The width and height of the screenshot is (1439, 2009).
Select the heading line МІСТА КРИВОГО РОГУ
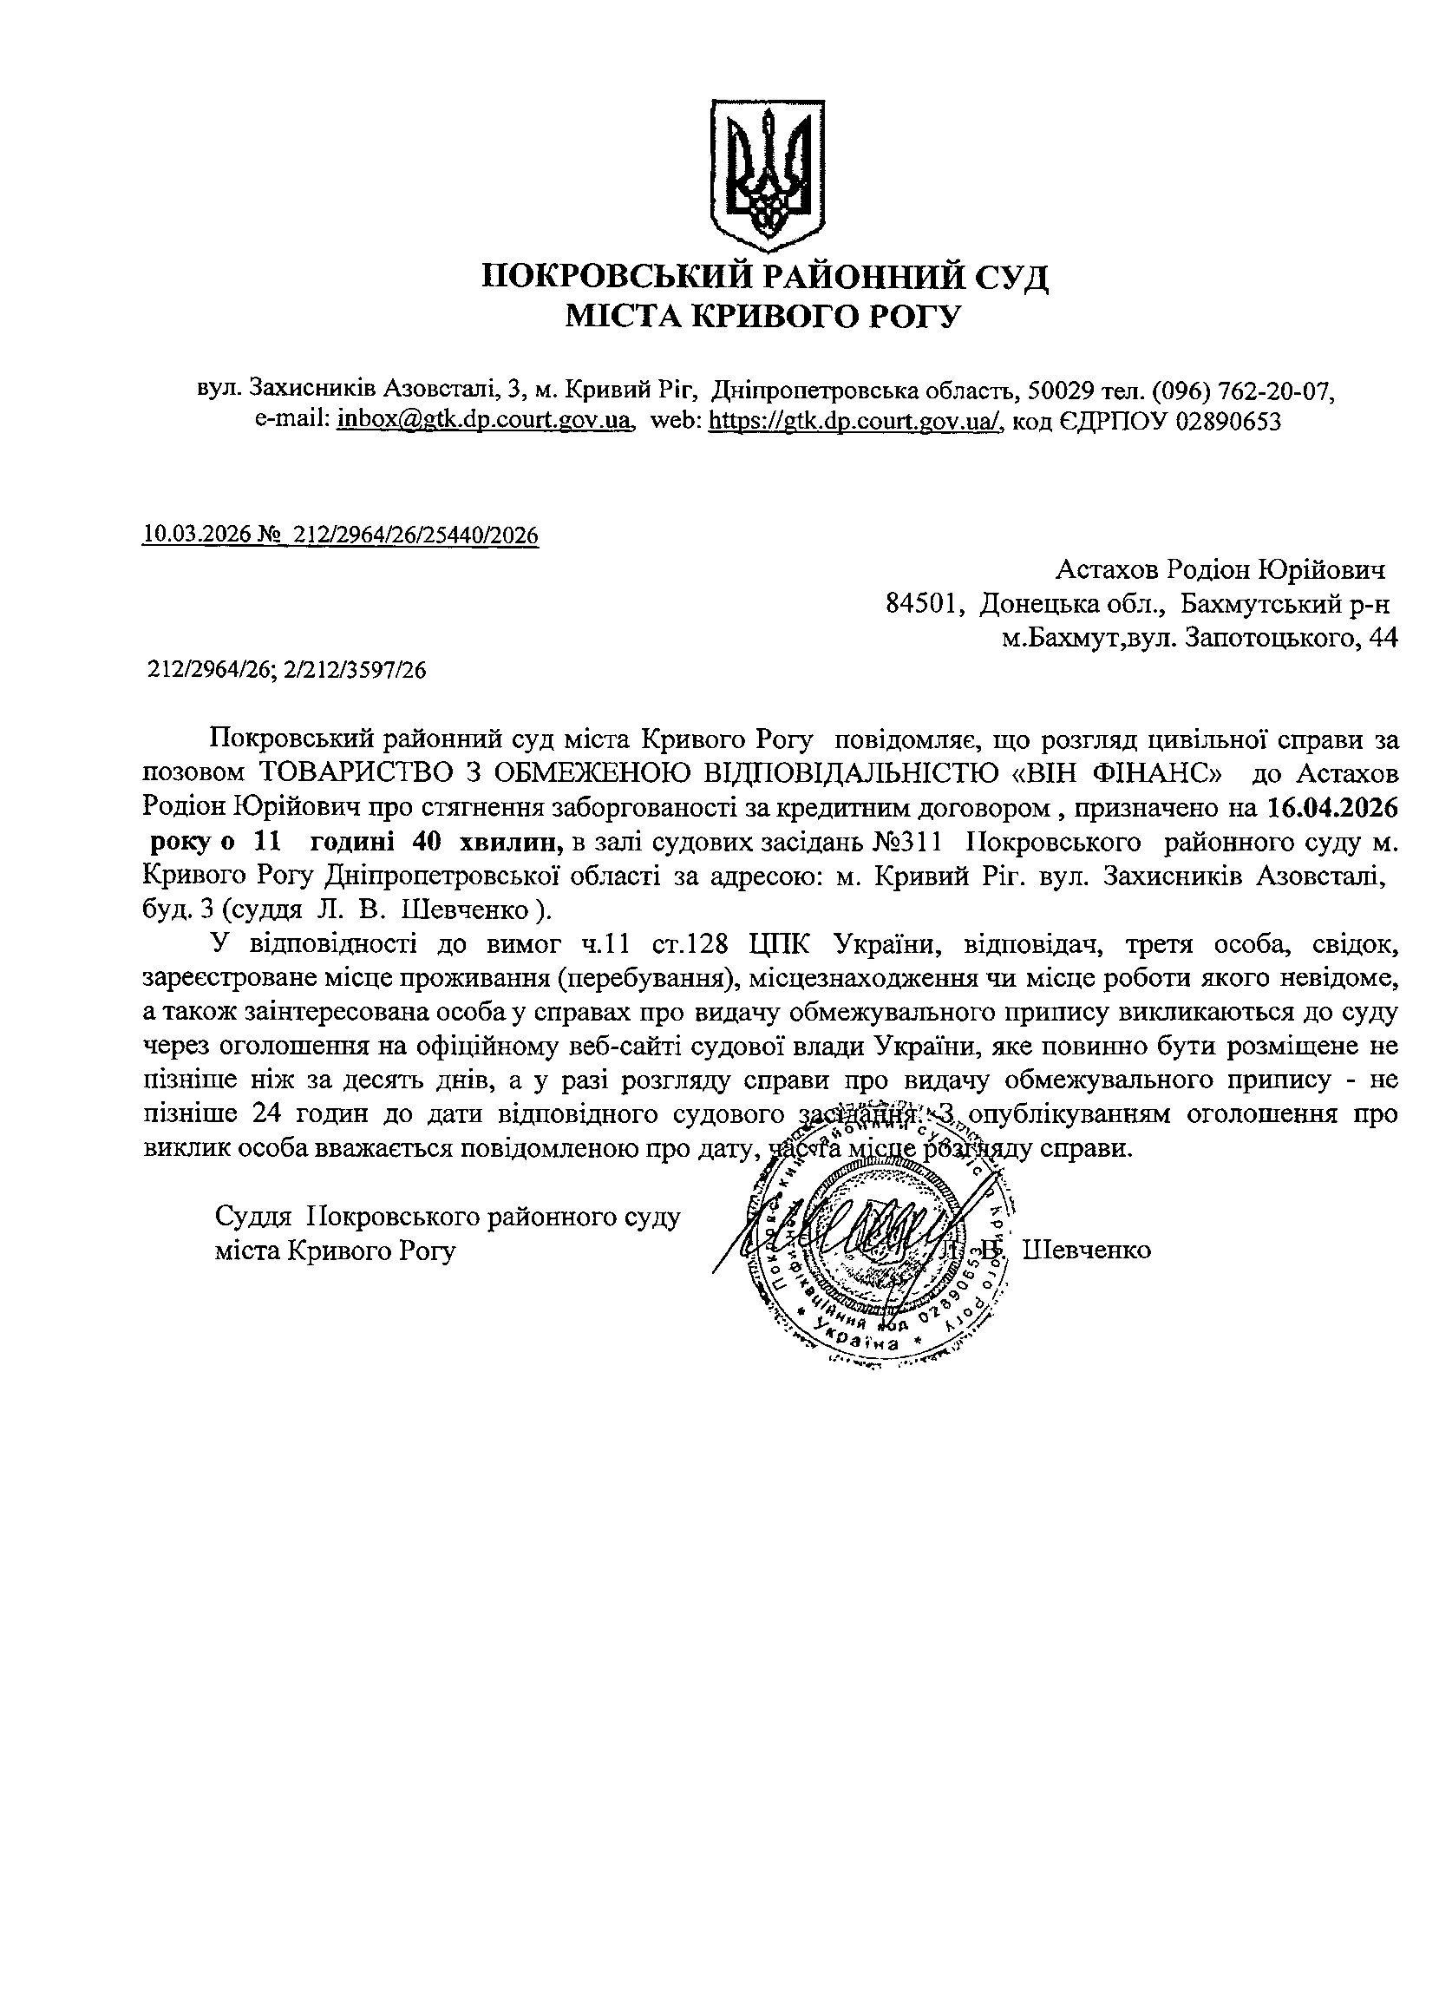click(x=763, y=315)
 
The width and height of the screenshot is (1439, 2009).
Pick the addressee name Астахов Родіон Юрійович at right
click(x=1220, y=568)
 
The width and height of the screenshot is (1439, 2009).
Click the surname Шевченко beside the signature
click(x=1087, y=1250)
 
